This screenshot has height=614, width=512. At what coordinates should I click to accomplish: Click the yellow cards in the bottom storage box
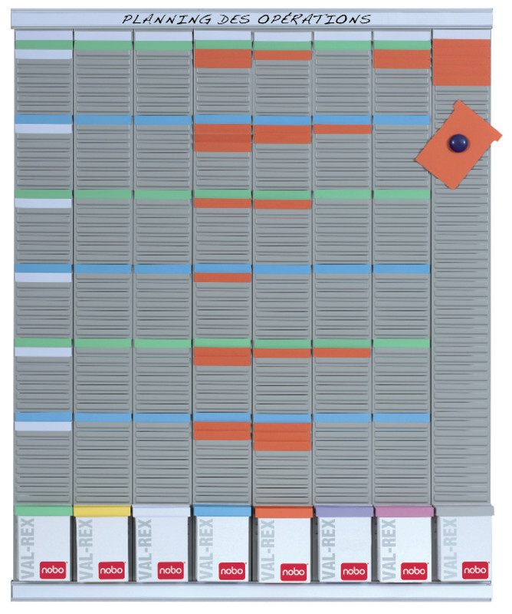(101, 511)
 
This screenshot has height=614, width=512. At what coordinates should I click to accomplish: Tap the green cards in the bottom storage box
(42, 511)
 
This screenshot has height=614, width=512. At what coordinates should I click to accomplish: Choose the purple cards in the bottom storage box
(343, 511)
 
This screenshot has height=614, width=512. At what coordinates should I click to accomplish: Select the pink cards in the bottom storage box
(403, 511)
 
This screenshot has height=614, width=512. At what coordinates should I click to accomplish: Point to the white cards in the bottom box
(161, 511)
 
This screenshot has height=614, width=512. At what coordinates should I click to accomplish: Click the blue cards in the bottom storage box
(222, 511)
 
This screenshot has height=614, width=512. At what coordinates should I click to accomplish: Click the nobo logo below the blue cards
(232, 571)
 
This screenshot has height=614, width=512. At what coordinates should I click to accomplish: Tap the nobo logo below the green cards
(52, 571)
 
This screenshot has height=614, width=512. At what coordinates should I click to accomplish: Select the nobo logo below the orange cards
(294, 572)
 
